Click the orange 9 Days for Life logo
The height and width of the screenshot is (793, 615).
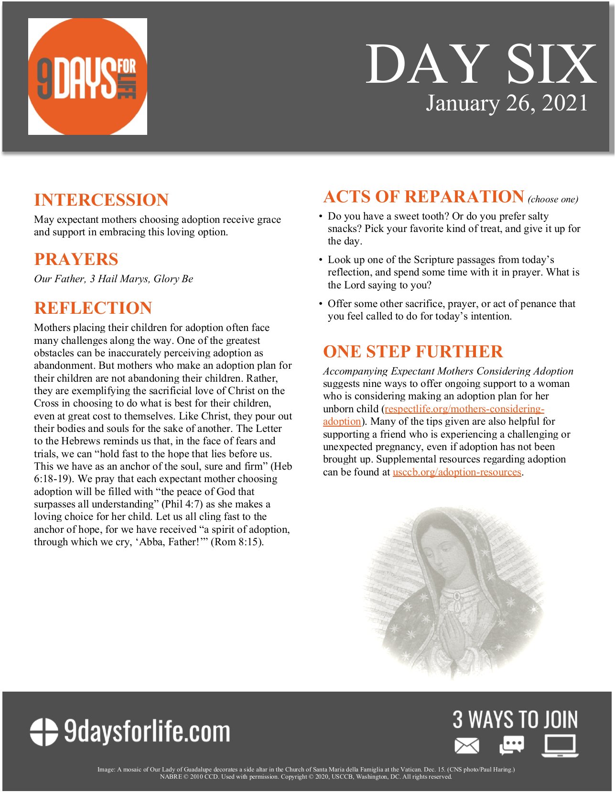tap(87, 77)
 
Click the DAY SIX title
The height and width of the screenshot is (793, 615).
tap(481, 64)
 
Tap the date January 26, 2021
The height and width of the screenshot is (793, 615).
tap(507, 103)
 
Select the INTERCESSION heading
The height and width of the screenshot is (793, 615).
tap(101, 200)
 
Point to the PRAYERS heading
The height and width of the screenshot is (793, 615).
tap(76, 259)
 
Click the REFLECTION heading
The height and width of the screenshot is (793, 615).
tap(93, 308)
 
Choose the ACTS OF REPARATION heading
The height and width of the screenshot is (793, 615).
tap(424, 197)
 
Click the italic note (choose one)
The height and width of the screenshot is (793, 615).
tap(553, 199)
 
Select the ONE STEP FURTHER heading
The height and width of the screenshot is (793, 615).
tap(413, 352)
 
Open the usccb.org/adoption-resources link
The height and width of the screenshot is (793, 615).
tap(457, 472)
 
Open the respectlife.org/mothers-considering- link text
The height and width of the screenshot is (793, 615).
tap(464, 409)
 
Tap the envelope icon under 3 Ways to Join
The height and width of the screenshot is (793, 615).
tap(466, 746)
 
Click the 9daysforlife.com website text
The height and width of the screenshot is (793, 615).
tap(147, 732)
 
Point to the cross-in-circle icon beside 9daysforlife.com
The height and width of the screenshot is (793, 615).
tap(44, 732)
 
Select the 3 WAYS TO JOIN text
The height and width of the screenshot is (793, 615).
tap(515, 720)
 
